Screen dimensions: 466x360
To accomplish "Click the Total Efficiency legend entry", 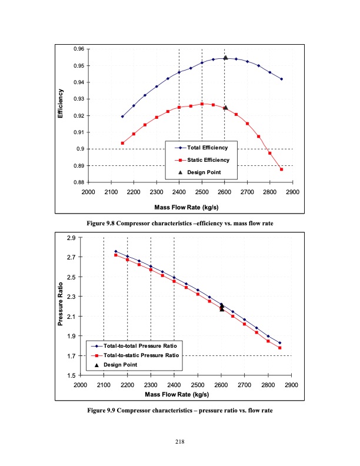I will coord(211,147).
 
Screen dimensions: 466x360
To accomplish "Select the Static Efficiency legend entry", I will coord(211,159).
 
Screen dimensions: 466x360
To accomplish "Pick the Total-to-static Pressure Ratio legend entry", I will coord(141,355).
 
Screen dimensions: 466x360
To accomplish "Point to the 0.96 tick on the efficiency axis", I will coord(77,49).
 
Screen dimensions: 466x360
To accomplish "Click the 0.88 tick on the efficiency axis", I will coord(77,182).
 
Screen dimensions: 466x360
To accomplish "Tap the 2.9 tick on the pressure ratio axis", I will coord(71,238).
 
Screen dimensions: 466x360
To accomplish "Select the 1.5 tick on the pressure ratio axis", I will coord(71,375).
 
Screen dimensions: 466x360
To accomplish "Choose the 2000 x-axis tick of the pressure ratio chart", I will coord(80,385).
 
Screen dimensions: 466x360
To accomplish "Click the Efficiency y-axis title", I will coord(59,104).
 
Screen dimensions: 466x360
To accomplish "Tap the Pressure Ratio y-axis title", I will coord(60,307).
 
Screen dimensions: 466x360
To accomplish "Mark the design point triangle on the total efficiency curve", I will coord(225,58).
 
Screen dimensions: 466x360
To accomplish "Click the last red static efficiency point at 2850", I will coord(282,169).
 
